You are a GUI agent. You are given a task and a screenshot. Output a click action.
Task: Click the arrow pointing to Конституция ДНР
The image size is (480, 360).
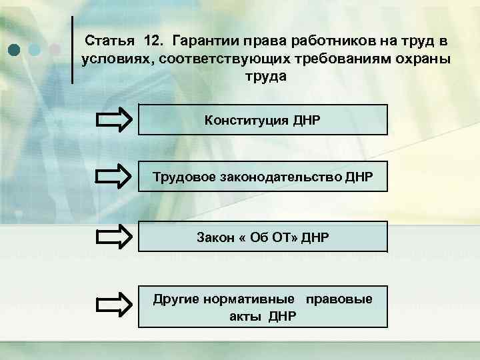[114, 121]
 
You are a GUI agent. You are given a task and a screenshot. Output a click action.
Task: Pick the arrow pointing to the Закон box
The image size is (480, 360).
[114, 237]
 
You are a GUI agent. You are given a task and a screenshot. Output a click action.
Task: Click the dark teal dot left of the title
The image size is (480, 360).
[15, 50]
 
